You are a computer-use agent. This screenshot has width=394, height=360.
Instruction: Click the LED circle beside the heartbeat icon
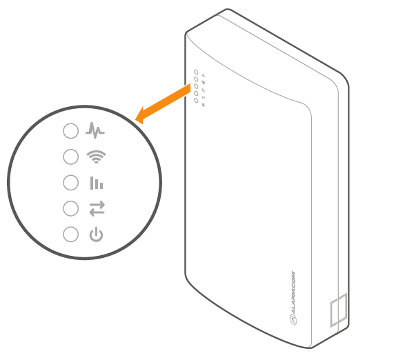click(x=70, y=130)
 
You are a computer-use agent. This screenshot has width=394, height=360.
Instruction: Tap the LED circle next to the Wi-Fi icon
click(x=70, y=157)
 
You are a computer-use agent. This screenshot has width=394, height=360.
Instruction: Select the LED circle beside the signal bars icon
click(x=70, y=183)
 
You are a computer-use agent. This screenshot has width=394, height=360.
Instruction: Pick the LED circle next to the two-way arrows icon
click(x=70, y=208)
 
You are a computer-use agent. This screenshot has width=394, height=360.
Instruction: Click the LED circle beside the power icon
click(x=70, y=234)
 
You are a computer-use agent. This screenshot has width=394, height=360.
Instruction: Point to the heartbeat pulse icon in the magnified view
click(x=95, y=130)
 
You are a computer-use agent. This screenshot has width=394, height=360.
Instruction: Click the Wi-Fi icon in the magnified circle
click(x=96, y=157)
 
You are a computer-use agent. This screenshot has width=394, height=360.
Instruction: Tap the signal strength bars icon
click(x=97, y=183)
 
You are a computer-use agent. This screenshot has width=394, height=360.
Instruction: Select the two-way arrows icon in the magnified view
click(x=97, y=208)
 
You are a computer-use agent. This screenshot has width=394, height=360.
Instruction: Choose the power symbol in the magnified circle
click(x=96, y=234)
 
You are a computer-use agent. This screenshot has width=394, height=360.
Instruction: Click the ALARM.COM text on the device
click(x=294, y=292)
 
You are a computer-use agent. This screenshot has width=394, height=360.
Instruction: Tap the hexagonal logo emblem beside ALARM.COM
click(x=294, y=319)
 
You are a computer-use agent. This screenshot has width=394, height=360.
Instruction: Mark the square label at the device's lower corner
click(x=339, y=310)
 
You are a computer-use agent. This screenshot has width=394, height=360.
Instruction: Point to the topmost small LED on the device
click(x=196, y=72)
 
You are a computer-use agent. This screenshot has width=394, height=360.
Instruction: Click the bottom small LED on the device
click(x=196, y=100)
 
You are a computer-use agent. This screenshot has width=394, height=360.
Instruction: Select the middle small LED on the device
click(x=196, y=86)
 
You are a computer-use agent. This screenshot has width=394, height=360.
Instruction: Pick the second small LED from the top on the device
click(x=196, y=79)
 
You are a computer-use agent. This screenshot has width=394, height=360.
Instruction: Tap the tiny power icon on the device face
click(x=204, y=105)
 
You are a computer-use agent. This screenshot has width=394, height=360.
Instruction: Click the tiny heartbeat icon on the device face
click(x=204, y=75)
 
